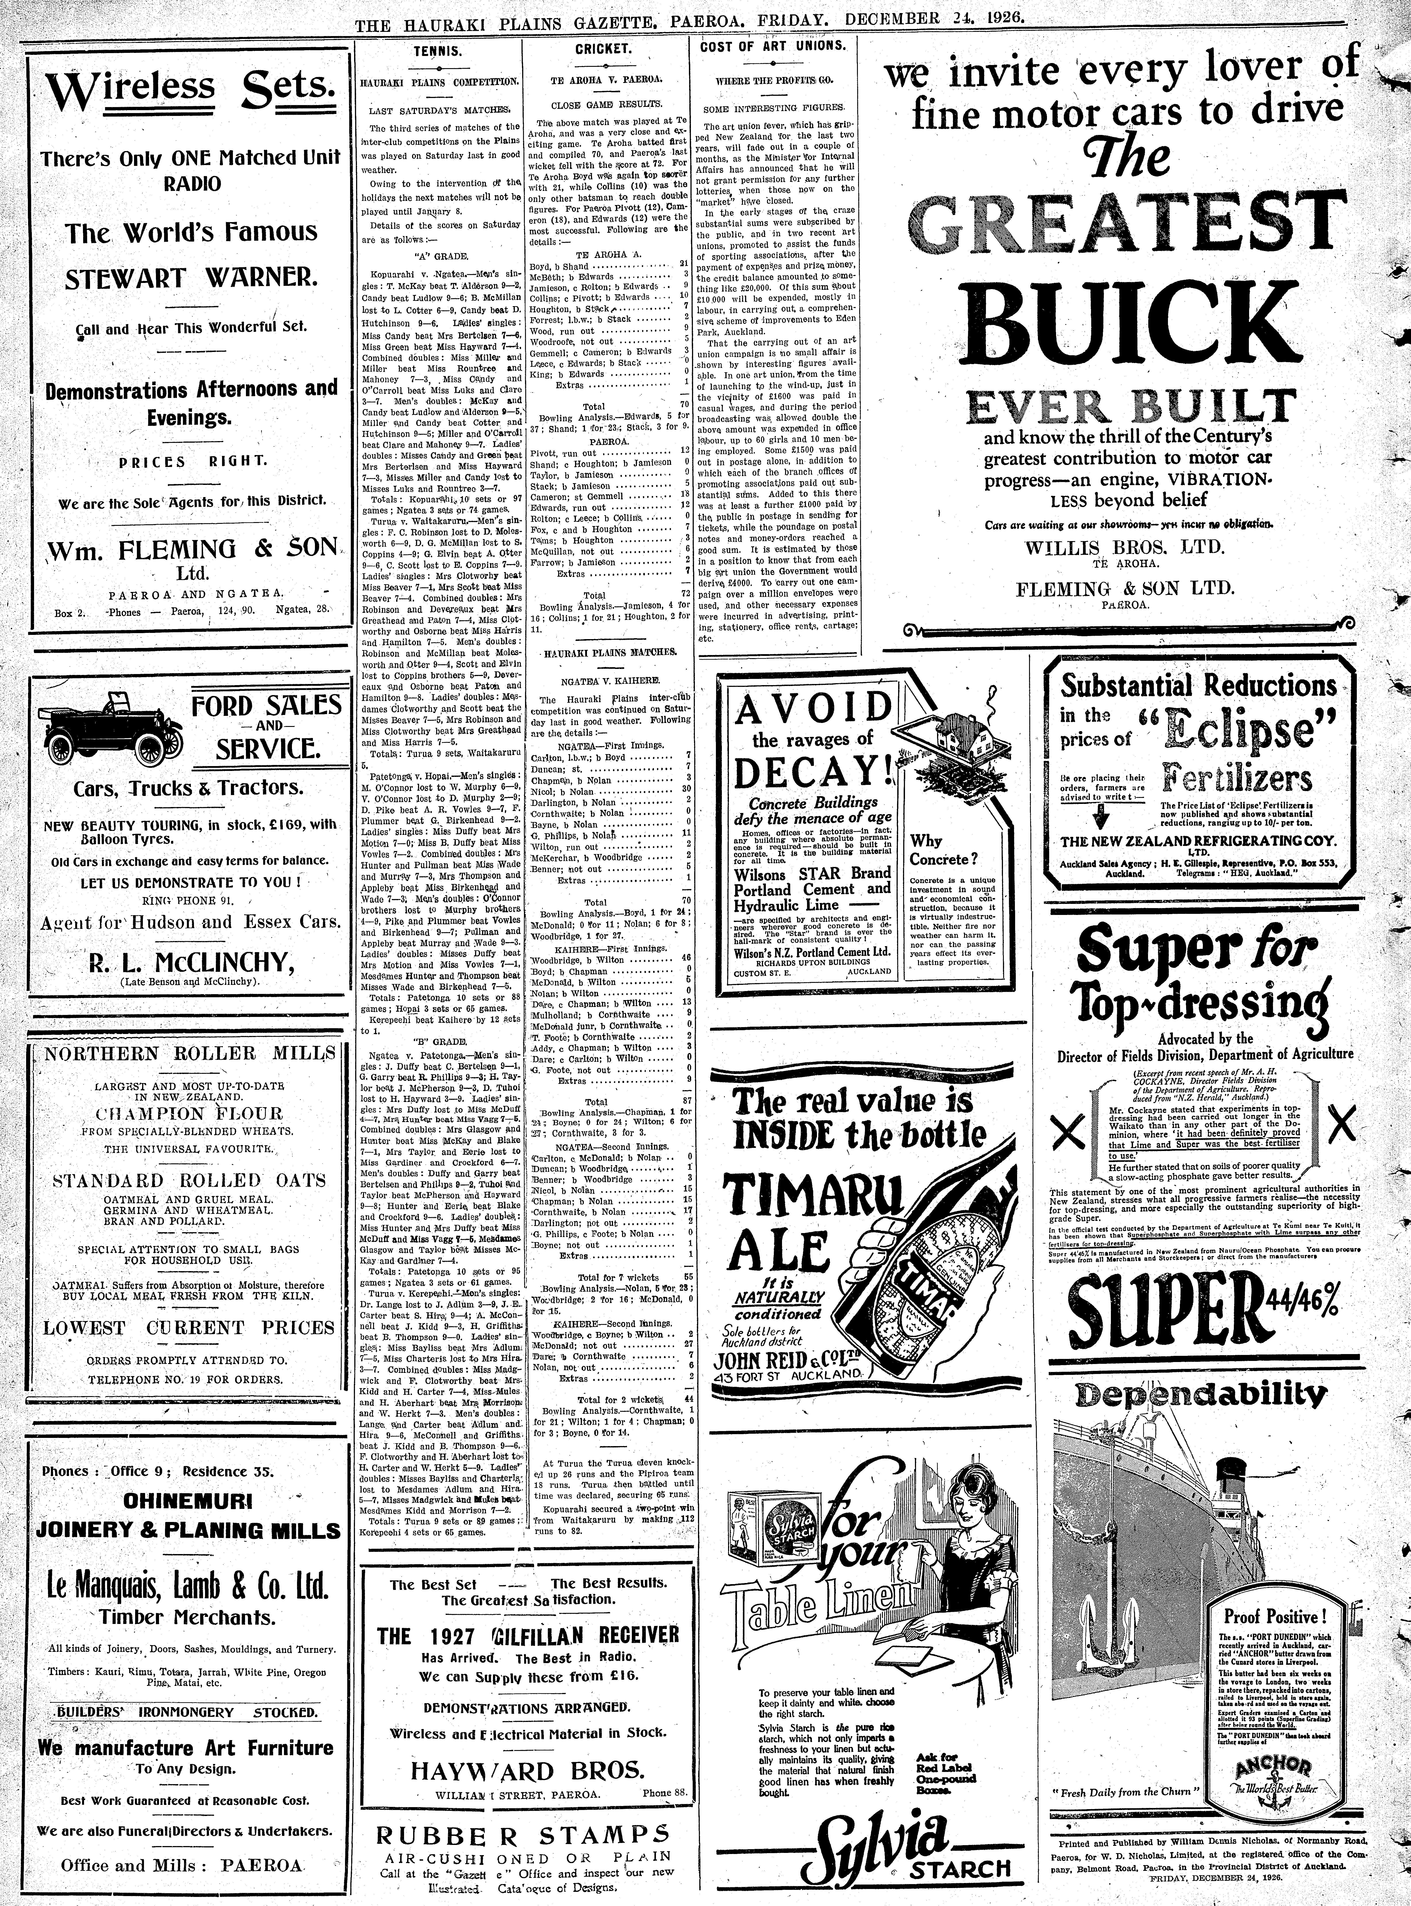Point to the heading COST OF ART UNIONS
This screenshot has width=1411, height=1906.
click(773, 47)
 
